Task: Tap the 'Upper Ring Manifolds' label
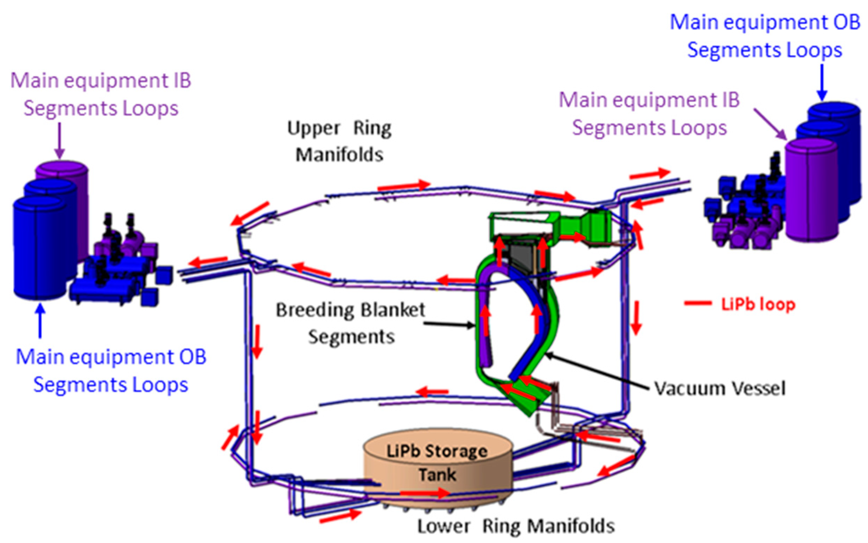coord(339,142)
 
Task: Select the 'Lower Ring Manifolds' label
coord(516,527)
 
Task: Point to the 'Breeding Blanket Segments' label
coord(350,323)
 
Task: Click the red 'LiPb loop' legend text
coord(758,304)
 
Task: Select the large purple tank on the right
coord(812,190)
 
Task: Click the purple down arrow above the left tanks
coord(60,140)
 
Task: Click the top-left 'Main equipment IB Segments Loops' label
coord(101,94)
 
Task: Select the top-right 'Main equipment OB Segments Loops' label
coord(765,36)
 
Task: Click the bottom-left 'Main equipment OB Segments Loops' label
coord(111,371)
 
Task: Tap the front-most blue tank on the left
coord(40,248)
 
